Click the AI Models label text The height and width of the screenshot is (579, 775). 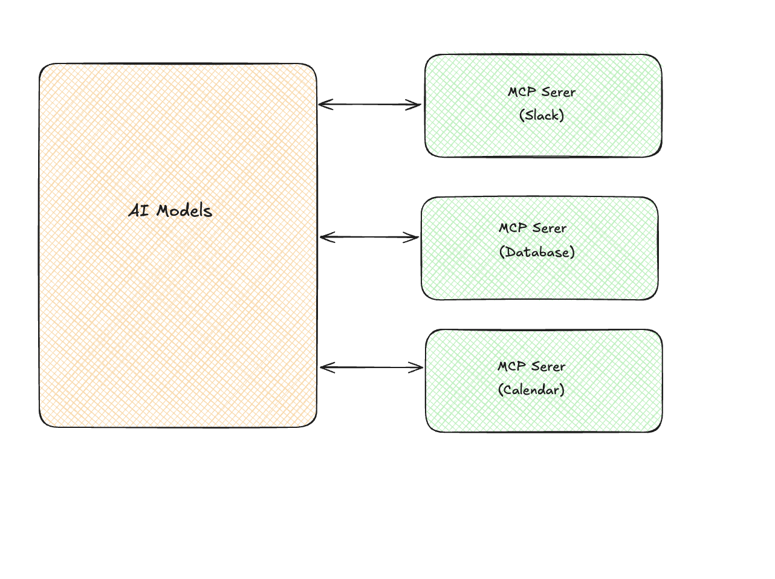point(170,211)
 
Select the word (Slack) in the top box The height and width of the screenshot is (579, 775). point(542,115)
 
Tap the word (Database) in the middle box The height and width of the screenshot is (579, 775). point(537,252)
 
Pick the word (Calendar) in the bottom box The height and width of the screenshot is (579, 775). point(531,390)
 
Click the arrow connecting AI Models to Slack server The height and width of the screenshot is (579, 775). point(369,105)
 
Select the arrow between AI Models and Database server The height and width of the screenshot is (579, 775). point(369,238)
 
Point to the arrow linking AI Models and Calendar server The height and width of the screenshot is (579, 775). point(371,367)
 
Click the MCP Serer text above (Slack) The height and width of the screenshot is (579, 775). point(542,92)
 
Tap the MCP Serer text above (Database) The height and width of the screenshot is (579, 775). point(533,228)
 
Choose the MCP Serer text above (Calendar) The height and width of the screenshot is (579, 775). point(531,366)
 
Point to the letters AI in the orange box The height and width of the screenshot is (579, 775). point(138,211)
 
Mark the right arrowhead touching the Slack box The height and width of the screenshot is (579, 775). point(417,105)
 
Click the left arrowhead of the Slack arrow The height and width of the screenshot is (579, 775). point(323,105)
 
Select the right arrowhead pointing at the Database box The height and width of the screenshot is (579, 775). point(415,238)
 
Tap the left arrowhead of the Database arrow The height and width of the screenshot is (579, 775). point(324,238)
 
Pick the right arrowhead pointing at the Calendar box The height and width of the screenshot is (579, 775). point(418,367)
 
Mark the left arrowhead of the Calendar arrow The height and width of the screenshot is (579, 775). point(324,367)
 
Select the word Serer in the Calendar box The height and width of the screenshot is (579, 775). point(549,366)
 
